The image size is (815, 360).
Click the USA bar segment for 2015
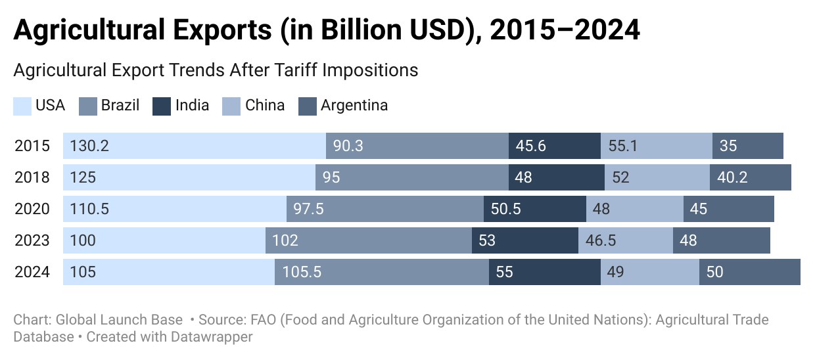coord(195,146)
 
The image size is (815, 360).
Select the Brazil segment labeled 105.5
coord(382,272)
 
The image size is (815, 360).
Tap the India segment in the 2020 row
coord(535,209)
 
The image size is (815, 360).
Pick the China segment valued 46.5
coord(626,240)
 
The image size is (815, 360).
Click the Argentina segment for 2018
coord(750,177)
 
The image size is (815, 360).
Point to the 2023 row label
coord(32,240)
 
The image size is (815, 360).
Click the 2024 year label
coord(32,272)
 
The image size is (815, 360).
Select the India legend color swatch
coord(162,106)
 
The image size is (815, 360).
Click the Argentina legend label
coord(354,106)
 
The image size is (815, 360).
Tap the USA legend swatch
coord(22,106)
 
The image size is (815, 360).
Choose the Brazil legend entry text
coord(120,106)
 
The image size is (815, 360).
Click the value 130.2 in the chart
coord(89,146)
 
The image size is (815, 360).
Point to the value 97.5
coord(308,209)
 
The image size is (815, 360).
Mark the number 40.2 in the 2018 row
coord(732,177)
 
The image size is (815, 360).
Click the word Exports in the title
coord(222,30)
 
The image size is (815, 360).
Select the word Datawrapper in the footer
coord(212,337)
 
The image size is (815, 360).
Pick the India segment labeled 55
coord(545,272)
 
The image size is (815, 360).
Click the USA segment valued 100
coord(164,240)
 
